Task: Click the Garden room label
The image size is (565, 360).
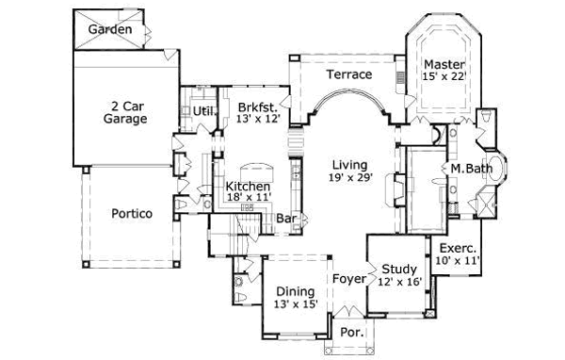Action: coord(110,30)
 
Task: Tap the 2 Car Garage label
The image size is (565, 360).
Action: coord(125,113)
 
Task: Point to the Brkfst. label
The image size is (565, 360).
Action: coord(256,106)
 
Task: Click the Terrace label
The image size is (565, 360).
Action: coord(349,74)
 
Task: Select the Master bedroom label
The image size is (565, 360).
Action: coord(444,64)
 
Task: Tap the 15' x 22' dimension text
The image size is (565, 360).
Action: coord(444,77)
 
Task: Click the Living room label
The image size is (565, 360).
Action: coord(349,165)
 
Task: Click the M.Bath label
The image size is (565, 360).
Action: coord(468,169)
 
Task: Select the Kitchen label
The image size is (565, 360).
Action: coord(249,188)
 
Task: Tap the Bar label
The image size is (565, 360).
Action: coord(287,220)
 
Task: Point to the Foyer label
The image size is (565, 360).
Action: coord(348,279)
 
